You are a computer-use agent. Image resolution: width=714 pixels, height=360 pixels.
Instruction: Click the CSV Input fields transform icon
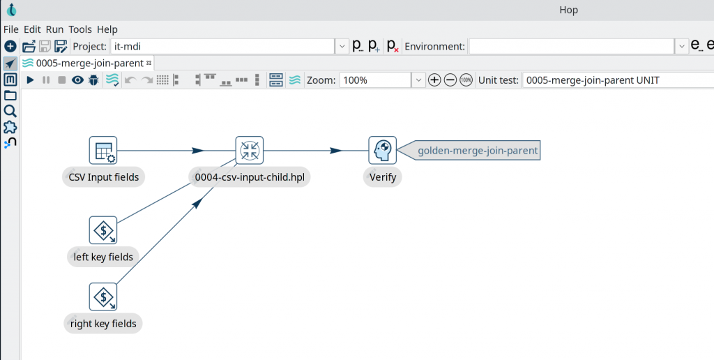coord(103,151)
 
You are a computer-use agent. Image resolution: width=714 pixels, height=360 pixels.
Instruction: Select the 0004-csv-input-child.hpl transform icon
coord(250,151)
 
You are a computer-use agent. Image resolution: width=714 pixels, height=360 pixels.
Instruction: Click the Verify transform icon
coord(383,151)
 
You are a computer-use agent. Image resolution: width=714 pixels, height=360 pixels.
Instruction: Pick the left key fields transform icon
coord(103,230)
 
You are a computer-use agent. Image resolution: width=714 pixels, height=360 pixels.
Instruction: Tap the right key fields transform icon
coord(103,297)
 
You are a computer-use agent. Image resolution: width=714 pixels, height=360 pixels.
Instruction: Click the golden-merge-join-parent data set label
coord(478,151)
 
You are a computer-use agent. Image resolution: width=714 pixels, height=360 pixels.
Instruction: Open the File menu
coord(11,29)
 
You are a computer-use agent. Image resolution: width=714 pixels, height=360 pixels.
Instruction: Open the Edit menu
coord(32,29)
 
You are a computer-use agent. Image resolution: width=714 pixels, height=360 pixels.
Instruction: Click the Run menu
coord(54,29)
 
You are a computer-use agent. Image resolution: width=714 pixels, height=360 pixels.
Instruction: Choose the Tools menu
coord(80,29)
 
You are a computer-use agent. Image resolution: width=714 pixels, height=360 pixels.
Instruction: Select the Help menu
coord(107,29)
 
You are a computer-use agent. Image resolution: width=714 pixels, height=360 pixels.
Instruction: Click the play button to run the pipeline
coord(30,80)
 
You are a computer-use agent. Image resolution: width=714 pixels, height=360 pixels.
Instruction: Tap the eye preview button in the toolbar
coord(77,80)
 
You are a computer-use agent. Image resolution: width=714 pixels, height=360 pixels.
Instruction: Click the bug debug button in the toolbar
coord(93,80)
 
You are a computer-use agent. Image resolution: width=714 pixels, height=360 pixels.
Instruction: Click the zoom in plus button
coord(434,80)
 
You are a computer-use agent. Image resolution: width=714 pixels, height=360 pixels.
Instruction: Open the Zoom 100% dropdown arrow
coord(418,80)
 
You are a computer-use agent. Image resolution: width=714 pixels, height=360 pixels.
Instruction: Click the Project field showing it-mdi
coord(222,47)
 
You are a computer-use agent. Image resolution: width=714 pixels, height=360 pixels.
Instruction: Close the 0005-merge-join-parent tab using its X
coord(149,63)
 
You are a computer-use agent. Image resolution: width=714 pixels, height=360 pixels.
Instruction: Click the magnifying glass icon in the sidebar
coord(10,111)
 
